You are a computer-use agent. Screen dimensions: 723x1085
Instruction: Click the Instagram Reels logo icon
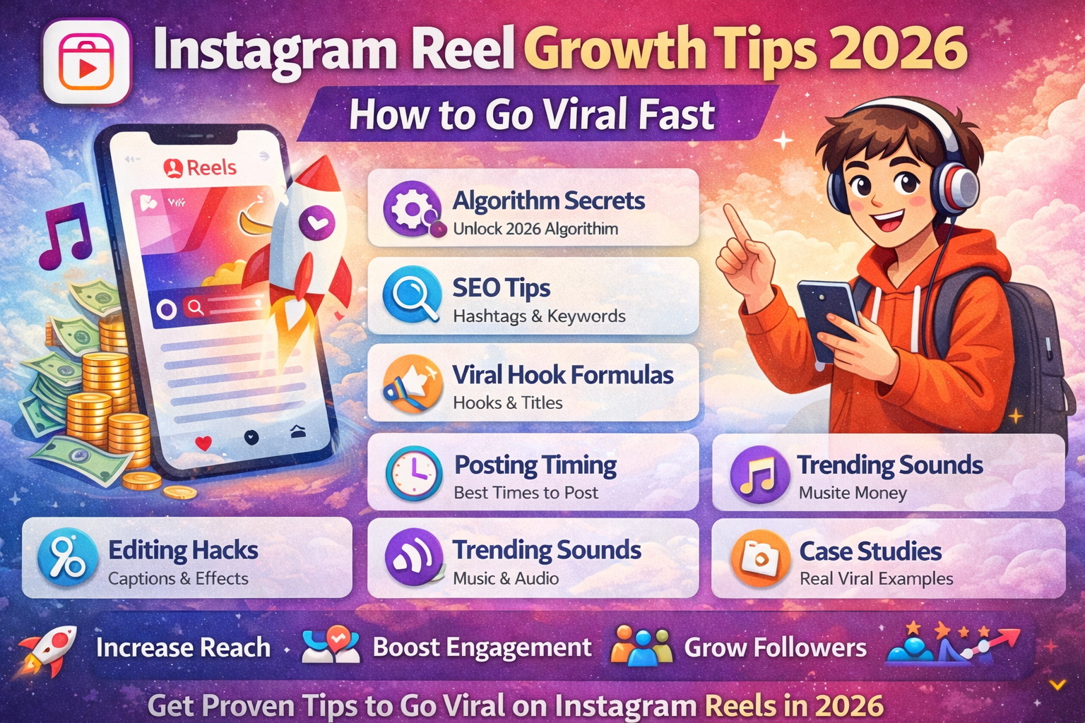87,62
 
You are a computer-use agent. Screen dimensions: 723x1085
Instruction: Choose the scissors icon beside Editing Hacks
67,558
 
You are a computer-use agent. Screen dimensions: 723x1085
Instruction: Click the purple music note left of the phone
65,235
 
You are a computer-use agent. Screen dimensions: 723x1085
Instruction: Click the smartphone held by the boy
827,318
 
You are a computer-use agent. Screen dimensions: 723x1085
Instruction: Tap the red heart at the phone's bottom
203,443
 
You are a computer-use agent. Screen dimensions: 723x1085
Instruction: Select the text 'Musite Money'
853,493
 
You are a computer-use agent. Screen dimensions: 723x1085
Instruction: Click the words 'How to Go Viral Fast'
531,114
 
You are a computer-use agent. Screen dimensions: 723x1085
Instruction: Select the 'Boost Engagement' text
482,647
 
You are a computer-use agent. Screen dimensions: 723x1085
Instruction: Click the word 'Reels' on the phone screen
211,168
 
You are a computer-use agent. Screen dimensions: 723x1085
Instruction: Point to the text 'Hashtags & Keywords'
539,316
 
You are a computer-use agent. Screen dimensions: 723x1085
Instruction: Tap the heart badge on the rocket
316,222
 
